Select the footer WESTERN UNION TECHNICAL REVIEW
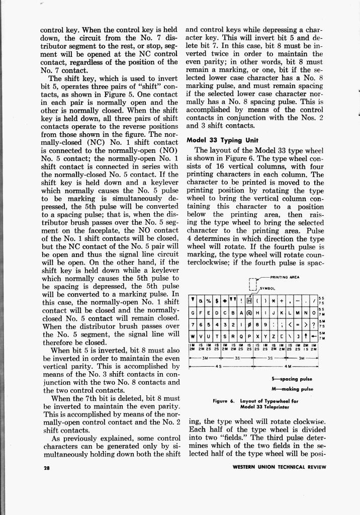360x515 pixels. coord(280,467)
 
